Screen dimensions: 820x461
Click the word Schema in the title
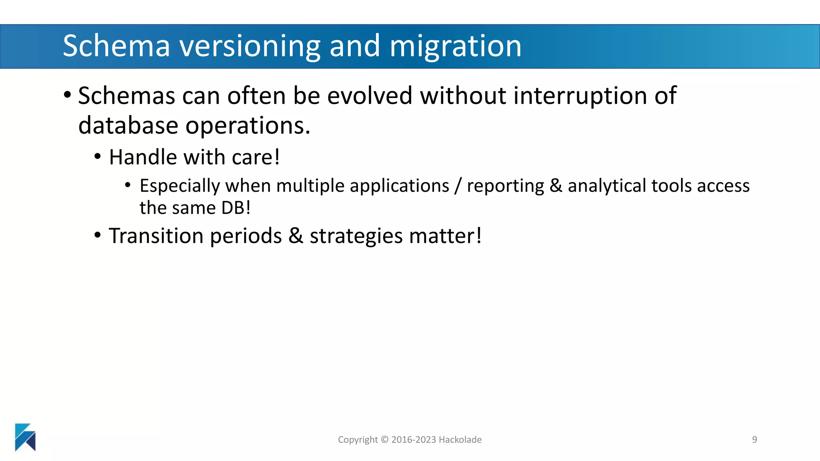point(117,46)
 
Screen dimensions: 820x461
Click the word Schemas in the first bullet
point(127,96)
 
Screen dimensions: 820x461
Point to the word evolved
point(370,96)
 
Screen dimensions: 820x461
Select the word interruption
point(580,96)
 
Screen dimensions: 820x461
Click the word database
point(128,126)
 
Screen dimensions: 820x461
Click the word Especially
point(180,186)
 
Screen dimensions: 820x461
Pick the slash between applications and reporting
point(458,186)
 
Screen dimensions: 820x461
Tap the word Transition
point(156,236)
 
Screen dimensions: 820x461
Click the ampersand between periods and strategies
point(295,236)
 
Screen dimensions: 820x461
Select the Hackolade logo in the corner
point(25,437)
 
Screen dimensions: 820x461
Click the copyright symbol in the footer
point(384,440)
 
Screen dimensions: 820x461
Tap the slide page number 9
point(754,440)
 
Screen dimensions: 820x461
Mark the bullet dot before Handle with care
point(98,156)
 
